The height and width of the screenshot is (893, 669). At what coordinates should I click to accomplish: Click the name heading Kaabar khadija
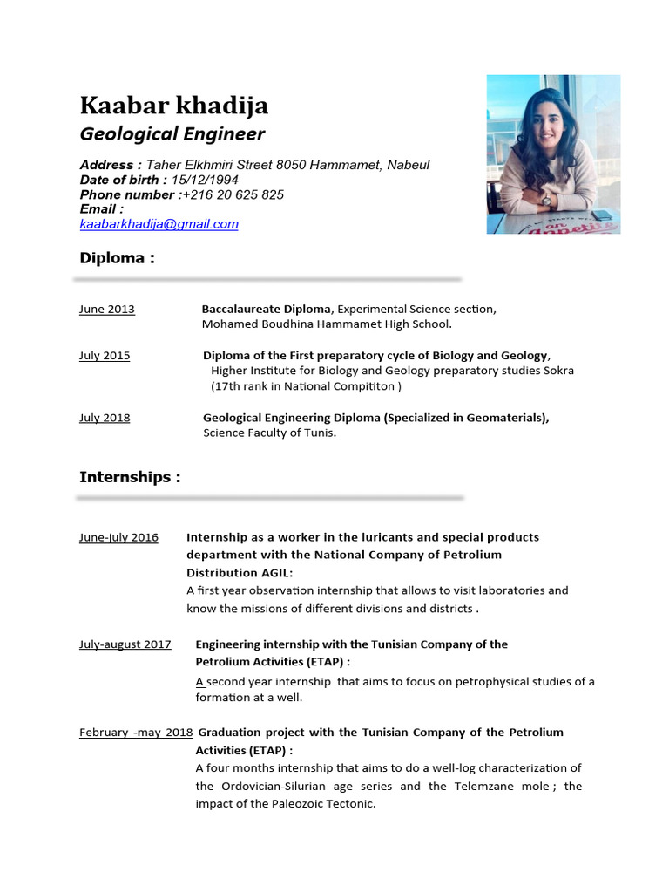click(173, 106)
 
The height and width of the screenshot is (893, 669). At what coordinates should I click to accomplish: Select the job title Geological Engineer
click(172, 134)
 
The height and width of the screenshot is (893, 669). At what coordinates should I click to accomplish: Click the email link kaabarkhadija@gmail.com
click(159, 224)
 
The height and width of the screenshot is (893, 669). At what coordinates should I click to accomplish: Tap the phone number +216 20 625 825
click(233, 194)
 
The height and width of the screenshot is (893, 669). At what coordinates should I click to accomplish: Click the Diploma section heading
click(117, 258)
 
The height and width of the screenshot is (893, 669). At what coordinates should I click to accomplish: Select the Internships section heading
click(130, 477)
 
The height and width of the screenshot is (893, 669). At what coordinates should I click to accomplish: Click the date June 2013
click(106, 310)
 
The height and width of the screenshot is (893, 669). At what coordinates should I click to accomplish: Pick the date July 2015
click(105, 356)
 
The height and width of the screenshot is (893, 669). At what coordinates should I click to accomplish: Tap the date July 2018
click(105, 418)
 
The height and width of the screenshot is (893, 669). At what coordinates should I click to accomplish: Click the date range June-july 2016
click(118, 537)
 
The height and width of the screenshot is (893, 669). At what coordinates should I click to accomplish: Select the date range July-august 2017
click(125, 644)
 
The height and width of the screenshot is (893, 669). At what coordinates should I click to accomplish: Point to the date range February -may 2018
click(136, 733)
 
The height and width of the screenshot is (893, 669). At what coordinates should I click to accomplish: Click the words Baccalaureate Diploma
click(267, 309)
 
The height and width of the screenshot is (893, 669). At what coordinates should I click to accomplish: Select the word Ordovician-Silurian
click(271, 787)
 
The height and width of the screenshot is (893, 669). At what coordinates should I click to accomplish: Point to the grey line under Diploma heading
click(267, 280)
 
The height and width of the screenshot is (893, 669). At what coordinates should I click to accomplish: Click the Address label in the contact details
click(110, 165)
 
